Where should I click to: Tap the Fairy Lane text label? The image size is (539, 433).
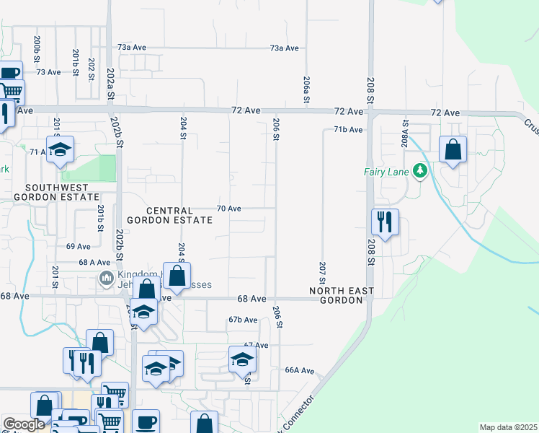[x=386, y=172]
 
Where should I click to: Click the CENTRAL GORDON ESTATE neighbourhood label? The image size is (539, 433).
[x=169, y=214]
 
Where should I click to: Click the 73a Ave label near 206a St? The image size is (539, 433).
[x=284, y=48]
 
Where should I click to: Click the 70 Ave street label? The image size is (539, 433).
[x=228, y=208]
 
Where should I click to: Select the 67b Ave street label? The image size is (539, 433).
[x=243, y=319]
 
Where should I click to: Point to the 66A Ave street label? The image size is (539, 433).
[x=300, y=370]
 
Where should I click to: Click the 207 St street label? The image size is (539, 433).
[x=321, y=273]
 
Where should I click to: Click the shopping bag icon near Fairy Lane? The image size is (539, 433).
[x=453, y=150]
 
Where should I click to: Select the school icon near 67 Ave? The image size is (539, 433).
[x=243, y=359]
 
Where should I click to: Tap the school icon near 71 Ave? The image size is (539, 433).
[x=61, y=149]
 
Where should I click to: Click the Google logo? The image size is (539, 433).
[x=24, y=425]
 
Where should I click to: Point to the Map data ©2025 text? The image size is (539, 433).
[x=508, y=427]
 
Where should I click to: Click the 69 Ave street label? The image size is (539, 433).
[x=78, y=246]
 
